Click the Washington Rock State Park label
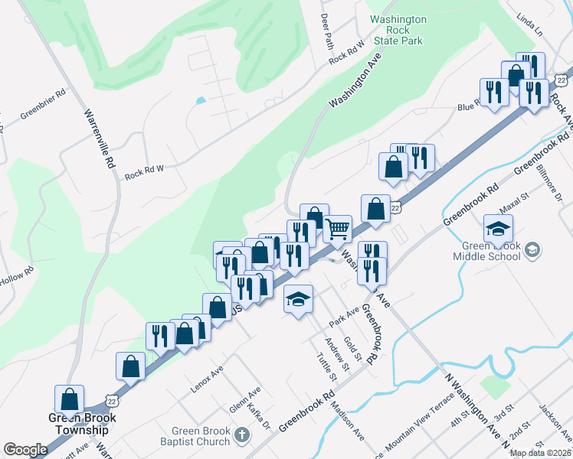pos(398,29)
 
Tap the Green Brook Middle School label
pos(491,251)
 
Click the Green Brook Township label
pos(80,424)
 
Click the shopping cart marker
pos(337,228)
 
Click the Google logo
pos(25,449)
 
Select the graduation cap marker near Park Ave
pos(298,298)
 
